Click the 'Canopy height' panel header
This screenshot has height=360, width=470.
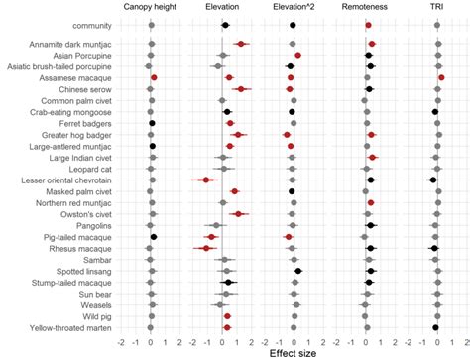click(x=151, y=7)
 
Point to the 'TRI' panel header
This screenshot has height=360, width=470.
click(x=436, y=7)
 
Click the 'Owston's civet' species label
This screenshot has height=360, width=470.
click(x=86, y=214)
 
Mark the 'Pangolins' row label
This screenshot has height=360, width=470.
click(x=92, y=226)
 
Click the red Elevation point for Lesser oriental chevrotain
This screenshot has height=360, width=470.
click(x=206, y=180)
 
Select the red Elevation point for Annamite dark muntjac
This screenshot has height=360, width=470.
click(x=241, y=44)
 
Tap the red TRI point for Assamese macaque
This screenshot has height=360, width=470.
click(x=441, y=77)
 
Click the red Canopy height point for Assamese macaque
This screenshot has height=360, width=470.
click(x=154, y=77)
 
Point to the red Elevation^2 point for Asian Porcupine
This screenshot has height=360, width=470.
click(x=297, y=56)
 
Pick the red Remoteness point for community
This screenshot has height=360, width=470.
click(x=369, y=25)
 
